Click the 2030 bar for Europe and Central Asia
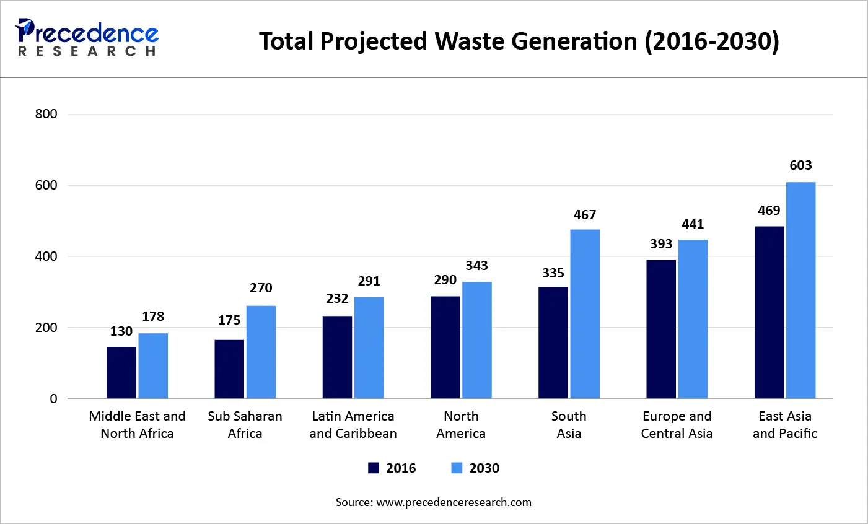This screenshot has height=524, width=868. click(x=693, y=318)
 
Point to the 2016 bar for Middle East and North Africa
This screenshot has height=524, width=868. click(x=121, y=372)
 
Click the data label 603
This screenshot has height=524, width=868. click(x=800, y=165)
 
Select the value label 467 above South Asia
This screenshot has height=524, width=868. click(x=584, y=215)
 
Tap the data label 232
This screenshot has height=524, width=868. click(x=337, y=299)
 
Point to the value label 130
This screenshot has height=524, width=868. click(x=121, y=331)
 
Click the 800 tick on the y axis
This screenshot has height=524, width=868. click(x=46, y=114)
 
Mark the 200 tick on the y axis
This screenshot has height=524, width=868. click(x=46, y=328)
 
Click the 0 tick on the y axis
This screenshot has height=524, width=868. click(x=53, y=399)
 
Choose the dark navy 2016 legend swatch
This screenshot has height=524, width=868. click(x=374, y=468)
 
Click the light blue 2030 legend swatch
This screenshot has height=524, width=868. click(x=457, y=468)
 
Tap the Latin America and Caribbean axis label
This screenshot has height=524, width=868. click(x=353, y=425)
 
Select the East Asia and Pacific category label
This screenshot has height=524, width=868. click(x=785, y=425)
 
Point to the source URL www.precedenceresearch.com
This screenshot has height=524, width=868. click(x=454, y=502)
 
